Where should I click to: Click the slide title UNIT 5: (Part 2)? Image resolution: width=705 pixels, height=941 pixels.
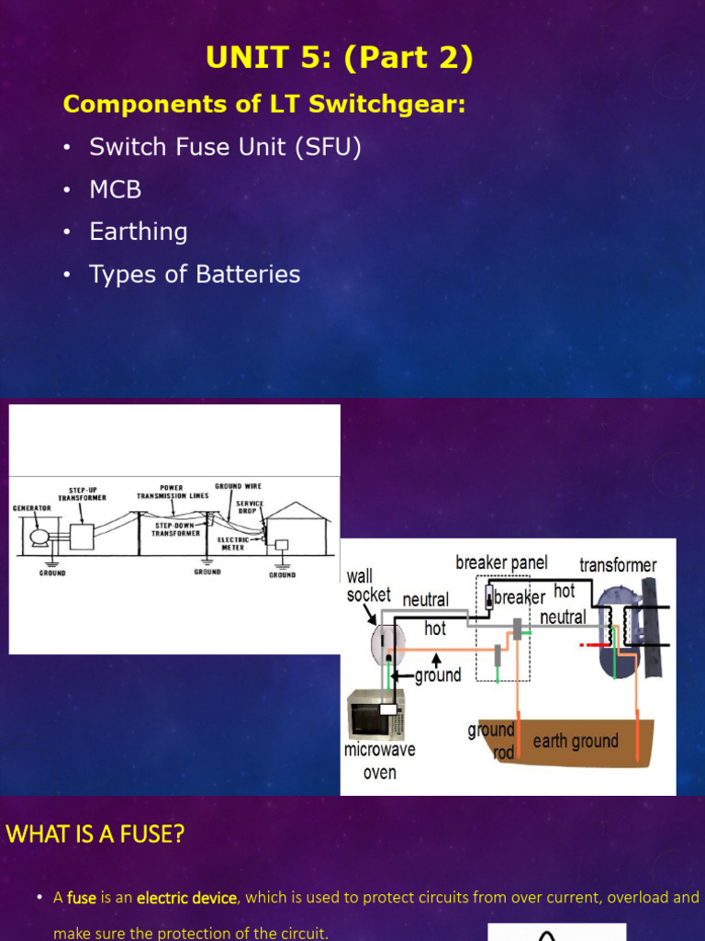tap(340, 59)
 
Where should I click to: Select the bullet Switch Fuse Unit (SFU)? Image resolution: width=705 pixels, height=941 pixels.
tap(225, 147)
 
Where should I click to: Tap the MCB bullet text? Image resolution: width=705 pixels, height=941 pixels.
tap(115, 189)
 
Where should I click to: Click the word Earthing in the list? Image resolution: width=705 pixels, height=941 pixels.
tap(138, 232)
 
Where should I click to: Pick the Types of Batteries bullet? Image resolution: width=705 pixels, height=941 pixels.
tap(195, 274)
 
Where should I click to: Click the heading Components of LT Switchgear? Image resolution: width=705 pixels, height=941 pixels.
tap(264, 104)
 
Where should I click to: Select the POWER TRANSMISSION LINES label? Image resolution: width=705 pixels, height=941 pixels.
tap(173, 492)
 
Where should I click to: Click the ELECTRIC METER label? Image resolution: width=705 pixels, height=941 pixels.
tap(234, 543)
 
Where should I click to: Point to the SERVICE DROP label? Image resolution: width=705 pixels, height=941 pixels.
tap(249, 506)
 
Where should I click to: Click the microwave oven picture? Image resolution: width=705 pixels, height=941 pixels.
tap(375, 715)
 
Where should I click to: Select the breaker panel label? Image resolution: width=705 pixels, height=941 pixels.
tap(501, 561)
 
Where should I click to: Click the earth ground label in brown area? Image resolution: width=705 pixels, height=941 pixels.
tap(576, 741)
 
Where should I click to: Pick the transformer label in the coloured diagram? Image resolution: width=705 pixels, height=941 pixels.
tap(618, 564)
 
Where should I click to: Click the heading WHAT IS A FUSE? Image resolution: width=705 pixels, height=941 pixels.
tap(95, 834)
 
